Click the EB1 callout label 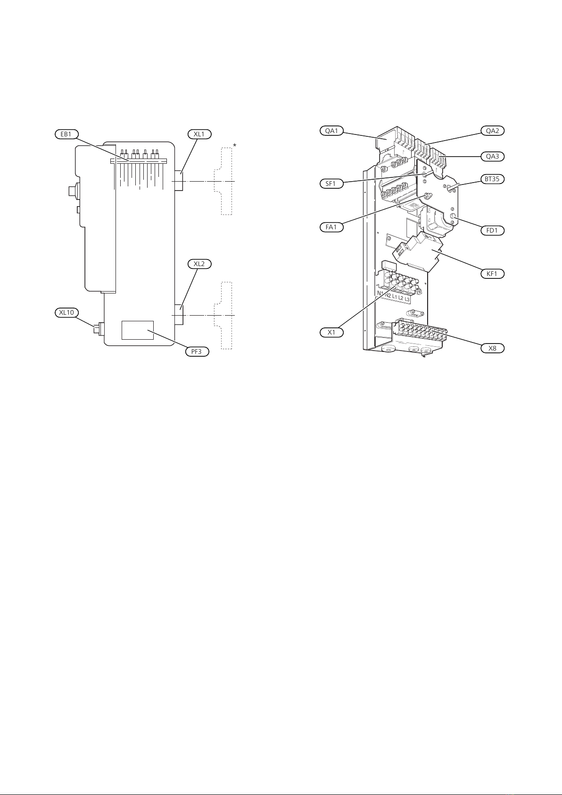coord(66,134)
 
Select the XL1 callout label coord(199,134)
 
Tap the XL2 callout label coord(199,264)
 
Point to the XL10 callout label coord(66,313)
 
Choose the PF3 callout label coord(197,351)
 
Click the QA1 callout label coord(331,131)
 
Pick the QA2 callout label coord(493,131)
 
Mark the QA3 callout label coord(493,156)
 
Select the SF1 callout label coord(331,184)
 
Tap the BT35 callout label coord(493,179)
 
